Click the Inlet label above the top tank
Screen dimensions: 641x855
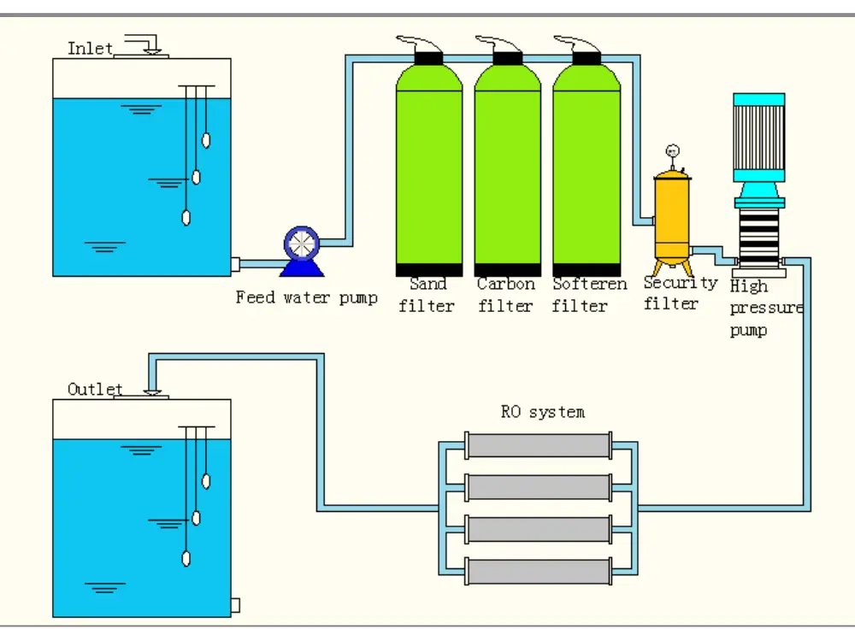pos(90,48)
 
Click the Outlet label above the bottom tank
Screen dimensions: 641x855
pos(95,389)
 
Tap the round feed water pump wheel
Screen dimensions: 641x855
pos(301,244)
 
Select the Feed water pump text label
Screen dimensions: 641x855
pos(306,298)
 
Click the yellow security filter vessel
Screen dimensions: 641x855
pos(672,214)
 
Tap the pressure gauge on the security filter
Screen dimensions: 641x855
pos(672,152)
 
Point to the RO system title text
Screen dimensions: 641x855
pos(542,412)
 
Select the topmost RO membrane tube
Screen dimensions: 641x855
pos(539,445)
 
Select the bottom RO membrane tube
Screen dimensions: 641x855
pos(539,571)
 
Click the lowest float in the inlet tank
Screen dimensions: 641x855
pos(186,217)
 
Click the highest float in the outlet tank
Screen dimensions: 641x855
pos(205,480)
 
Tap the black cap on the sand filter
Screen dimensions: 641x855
pos(428,58)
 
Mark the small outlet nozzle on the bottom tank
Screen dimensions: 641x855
pos(235,605)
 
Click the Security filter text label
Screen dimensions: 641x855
pos(679,292)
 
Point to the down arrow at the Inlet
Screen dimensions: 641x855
pos(152,48)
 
